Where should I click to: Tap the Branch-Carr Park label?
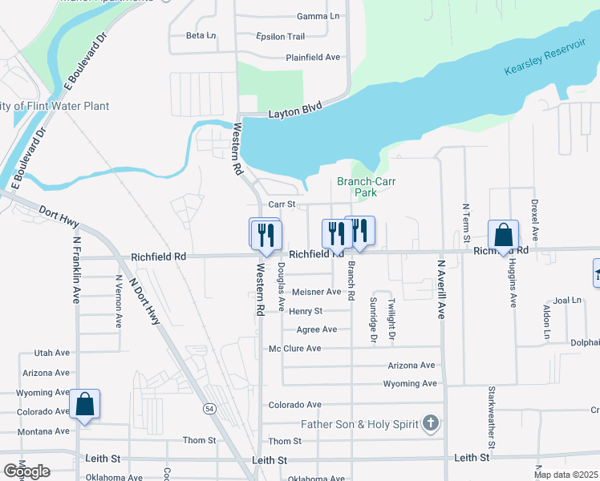[366, 187]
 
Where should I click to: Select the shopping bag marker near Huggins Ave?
[504, 236]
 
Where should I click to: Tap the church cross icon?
[431, 422]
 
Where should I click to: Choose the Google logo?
[26, 471]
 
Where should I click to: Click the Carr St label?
[282, 205]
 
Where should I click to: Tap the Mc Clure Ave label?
[294, 349]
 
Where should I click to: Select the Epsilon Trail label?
[280, 37]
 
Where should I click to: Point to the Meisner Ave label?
[316, 292]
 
